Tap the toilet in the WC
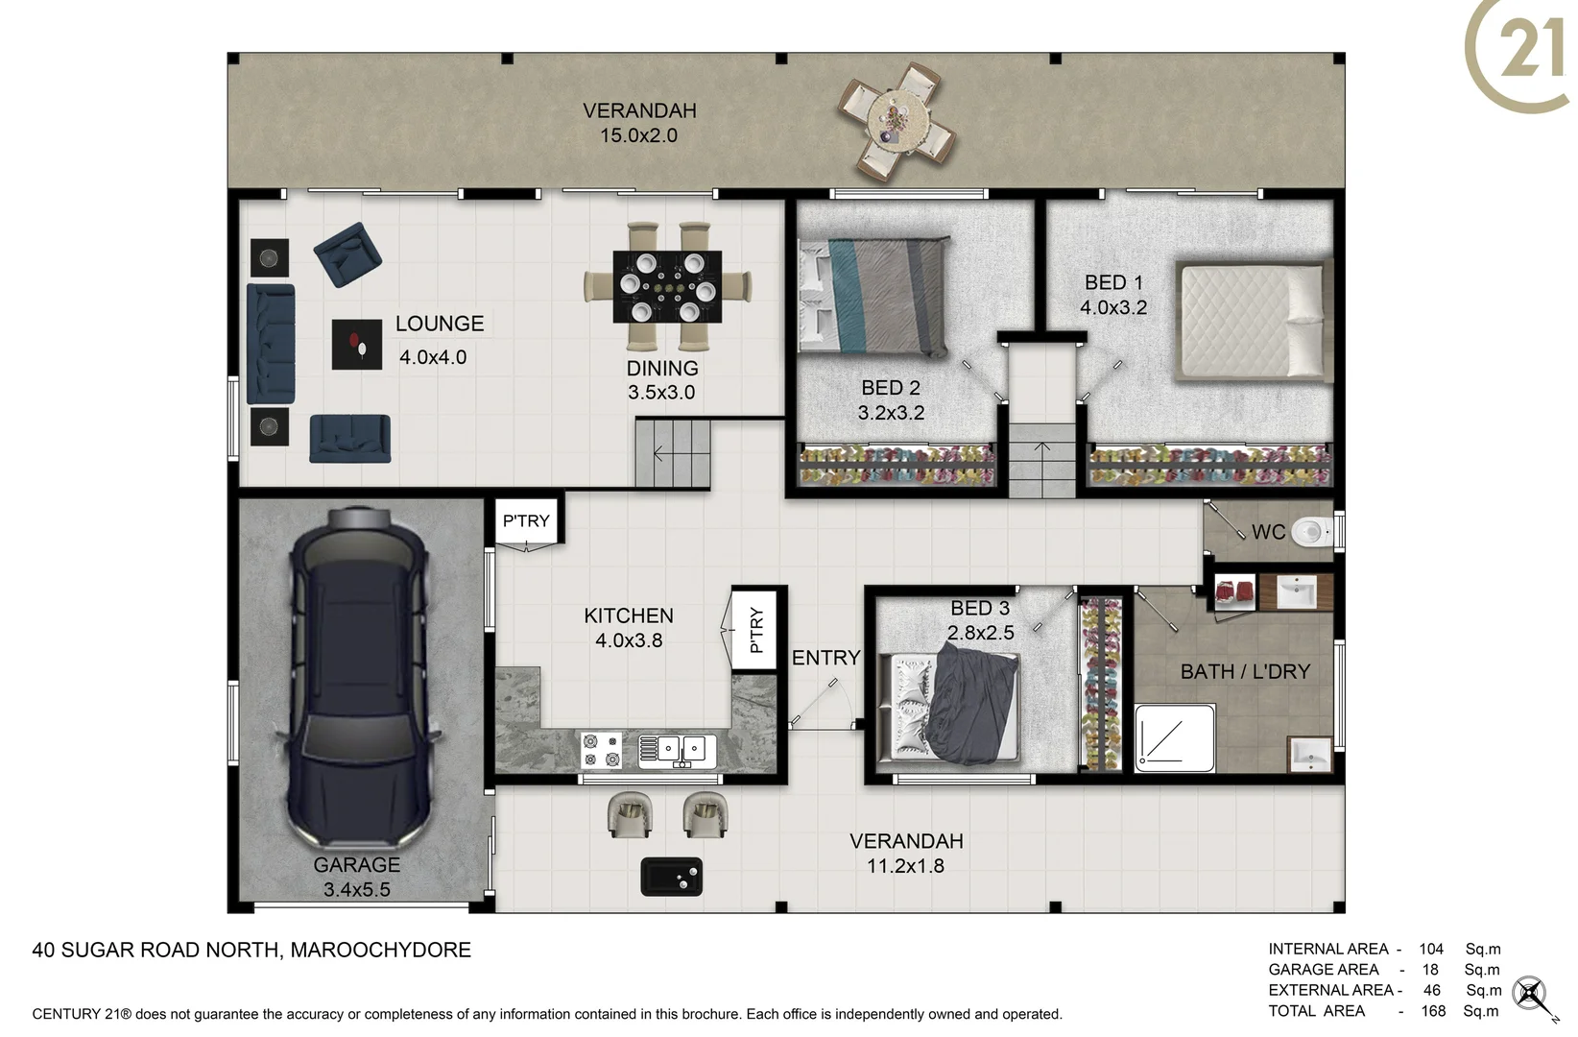(x=1311, y=531)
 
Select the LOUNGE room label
(x=440, y=324)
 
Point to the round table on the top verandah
(x=897, y=122)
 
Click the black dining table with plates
(x=667, y=287)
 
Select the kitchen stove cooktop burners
(x=601, y=750)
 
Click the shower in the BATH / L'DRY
(x=1175, y=737)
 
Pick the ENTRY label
(x=825, y=658)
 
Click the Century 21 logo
(x=1521, y=53)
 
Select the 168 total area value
(x=1433, y=1011)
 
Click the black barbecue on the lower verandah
(x=671, y=876)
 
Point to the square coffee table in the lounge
(x=357, y=344)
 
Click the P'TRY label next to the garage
(x=526, y=520)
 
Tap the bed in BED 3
(x=955, y=707)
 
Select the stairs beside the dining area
(x=673, y=453)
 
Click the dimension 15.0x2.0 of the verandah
(x=638, y=135)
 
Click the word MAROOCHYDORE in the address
(x=380, y=950)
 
